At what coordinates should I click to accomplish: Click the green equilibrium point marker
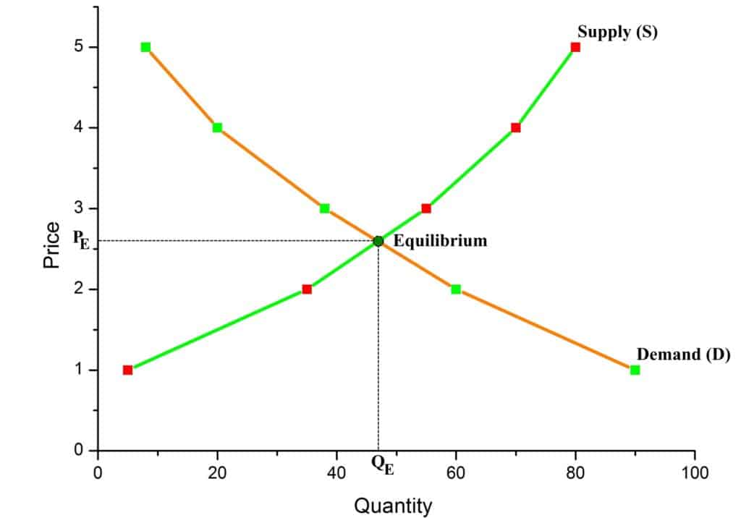coord(378,241)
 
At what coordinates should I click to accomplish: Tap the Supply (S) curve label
coord(617,33)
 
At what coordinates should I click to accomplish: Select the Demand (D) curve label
coord(683,354)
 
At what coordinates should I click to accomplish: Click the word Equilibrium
coord(440,241)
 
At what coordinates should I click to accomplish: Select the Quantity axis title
coord(392,505)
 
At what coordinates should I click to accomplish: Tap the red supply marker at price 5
coord(575,47)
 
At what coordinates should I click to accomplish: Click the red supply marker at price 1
coord(128,370)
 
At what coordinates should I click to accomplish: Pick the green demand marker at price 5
coord(145,47)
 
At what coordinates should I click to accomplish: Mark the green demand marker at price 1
coord(635,370)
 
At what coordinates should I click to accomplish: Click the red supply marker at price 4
coord(516,127)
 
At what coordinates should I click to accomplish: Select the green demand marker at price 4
coord(217,127)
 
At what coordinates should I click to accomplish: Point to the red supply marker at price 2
coord(307,289)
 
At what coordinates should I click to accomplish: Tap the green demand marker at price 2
coord(456,289)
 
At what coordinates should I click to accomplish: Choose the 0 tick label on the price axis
coord(80,451)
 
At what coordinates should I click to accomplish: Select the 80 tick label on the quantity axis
coord(575,473)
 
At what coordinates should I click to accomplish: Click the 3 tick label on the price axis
coord(80,208)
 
